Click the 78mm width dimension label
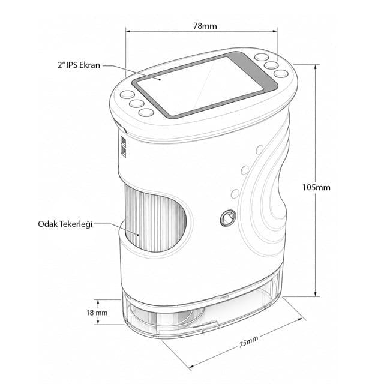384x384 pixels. pyautogui.click(x=205, y=26)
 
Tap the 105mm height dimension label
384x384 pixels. pyautogui.click(x=316, y=188)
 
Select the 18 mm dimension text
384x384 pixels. pyautogui.click(x=97, y=313)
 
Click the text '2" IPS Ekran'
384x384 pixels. pyautogui.click(x=79, y=65)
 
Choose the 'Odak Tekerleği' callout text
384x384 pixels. pyautogui.click(x=65, y=224)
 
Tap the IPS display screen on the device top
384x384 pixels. pyautogui.click(x=200, y=86)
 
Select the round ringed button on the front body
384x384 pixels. pyautogui.click(x=228, y=218)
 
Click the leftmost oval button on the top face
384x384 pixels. pyautogui.click(x=127, y=95)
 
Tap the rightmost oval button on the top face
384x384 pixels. pyautogui.click(x=281, y=74)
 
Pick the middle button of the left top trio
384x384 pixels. pyautogui.click(x=136, y=104)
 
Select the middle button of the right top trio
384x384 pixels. pyautogui.click(x=271, y=65)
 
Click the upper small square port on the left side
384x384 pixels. pyautogui.click(x=124, y=142)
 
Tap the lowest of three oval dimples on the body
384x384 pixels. pyautogui.click(x=235, y=194)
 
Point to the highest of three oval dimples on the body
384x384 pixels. pyautogui.click(x=260, y=149)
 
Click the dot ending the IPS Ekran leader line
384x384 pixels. pyautogui.click(x=160, y=79)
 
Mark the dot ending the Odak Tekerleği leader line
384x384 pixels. pyautogui.click(x=139, y=235)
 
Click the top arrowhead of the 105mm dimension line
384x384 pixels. pyautogui.click(x=316, y=67)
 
